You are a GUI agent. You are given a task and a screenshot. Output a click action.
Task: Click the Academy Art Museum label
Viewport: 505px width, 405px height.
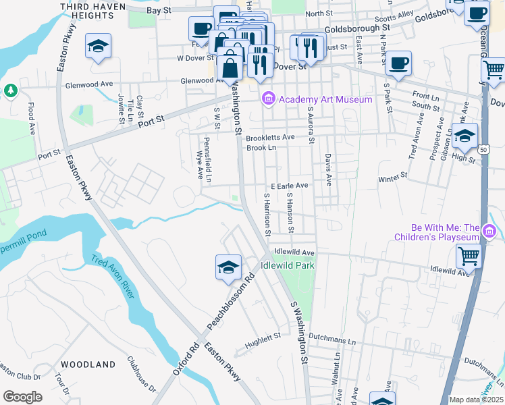(325, 100)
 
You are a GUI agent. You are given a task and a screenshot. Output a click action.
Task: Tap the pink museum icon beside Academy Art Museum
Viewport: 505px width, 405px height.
(269, 100)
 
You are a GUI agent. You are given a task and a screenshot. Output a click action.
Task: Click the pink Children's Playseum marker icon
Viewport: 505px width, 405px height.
(489, 233)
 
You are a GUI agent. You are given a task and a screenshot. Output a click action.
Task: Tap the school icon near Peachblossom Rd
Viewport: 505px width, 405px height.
(228, 267)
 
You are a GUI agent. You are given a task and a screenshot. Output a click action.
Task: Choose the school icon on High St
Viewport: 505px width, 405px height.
(464, 136)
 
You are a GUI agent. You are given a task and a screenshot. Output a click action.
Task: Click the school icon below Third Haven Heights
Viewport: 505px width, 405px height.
(98, 47)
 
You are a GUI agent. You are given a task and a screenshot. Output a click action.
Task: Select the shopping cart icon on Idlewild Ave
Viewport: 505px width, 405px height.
(469, 256)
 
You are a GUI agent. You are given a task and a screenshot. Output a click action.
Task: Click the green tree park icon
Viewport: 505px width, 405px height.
(10, 90)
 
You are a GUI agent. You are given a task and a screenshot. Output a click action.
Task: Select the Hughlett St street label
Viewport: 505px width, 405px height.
(263, 335)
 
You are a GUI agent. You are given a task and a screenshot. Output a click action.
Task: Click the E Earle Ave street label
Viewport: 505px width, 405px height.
(289, 185)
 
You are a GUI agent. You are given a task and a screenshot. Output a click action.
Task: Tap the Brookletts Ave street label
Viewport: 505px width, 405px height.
(270, 137)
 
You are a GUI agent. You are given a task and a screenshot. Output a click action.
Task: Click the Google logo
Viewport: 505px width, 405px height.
(22, 397)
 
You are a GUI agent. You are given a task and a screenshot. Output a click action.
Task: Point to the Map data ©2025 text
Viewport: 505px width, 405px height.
(476, 400)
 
